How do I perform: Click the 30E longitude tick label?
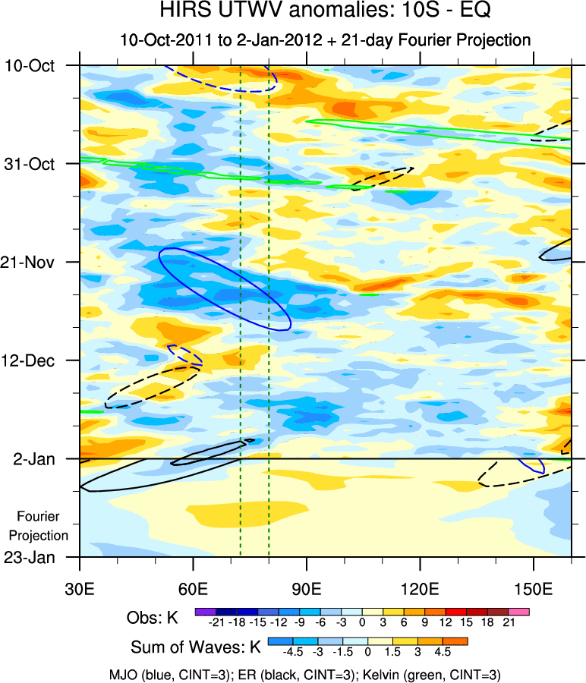click(80, 588)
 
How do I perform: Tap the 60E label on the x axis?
click(194, 588)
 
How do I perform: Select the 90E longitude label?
click(307, 588)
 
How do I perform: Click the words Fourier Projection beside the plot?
click(43, 526)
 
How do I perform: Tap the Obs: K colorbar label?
click(152, 618)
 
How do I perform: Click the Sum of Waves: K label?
click(195, 648)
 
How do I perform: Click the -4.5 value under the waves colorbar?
click(292, 651)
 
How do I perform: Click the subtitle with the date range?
click(325, 39)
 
